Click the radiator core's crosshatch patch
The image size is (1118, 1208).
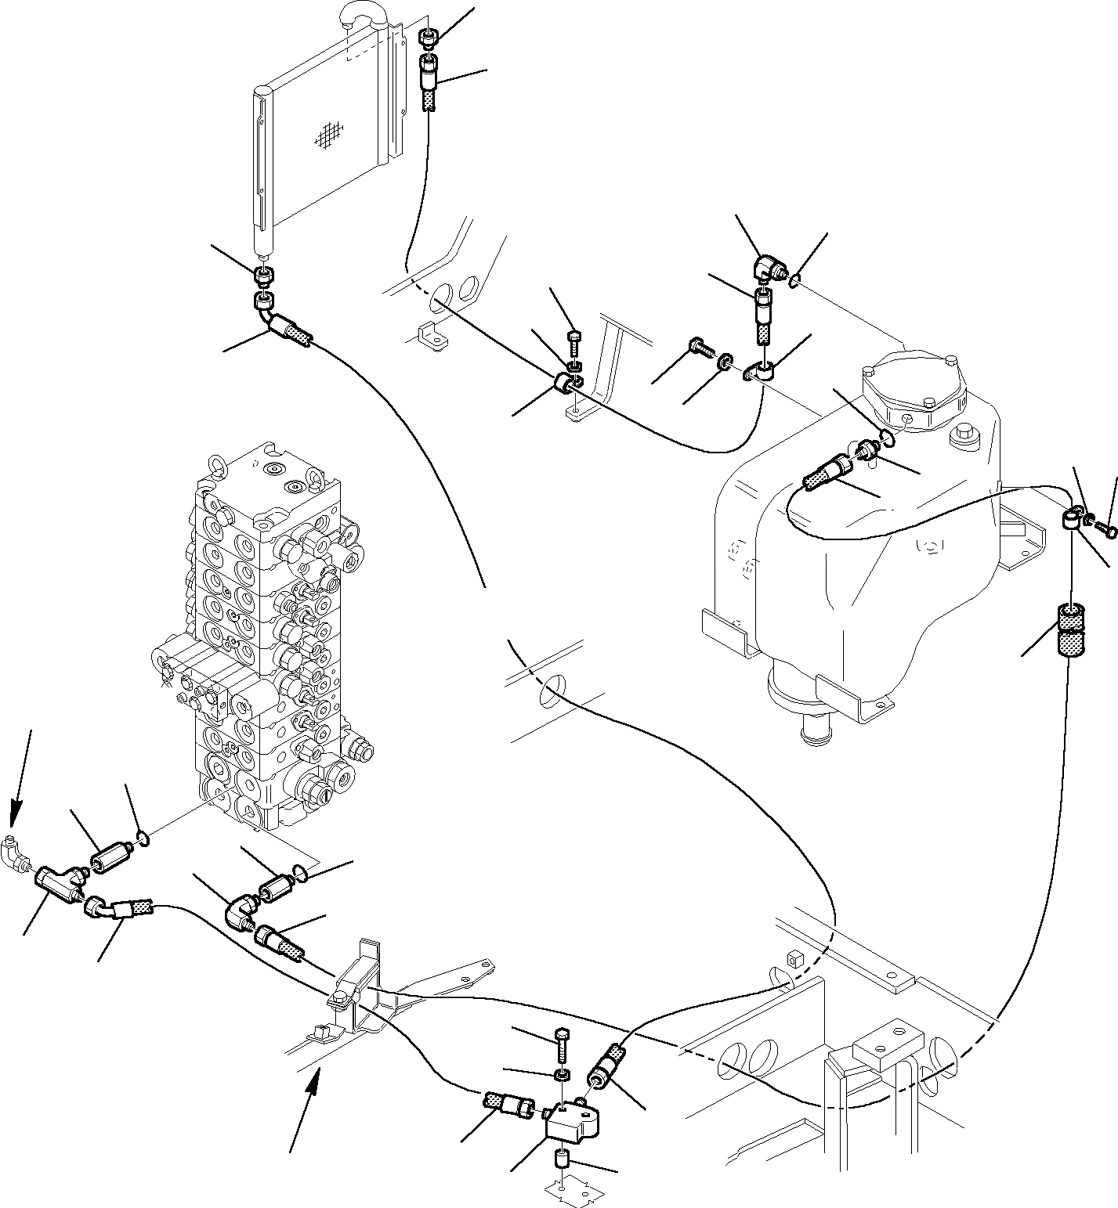[347, 135]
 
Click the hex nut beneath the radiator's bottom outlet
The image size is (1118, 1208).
[264, 276]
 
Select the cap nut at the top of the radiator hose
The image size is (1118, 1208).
[428, 37]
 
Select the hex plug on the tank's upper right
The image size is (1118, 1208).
[961, 433]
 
